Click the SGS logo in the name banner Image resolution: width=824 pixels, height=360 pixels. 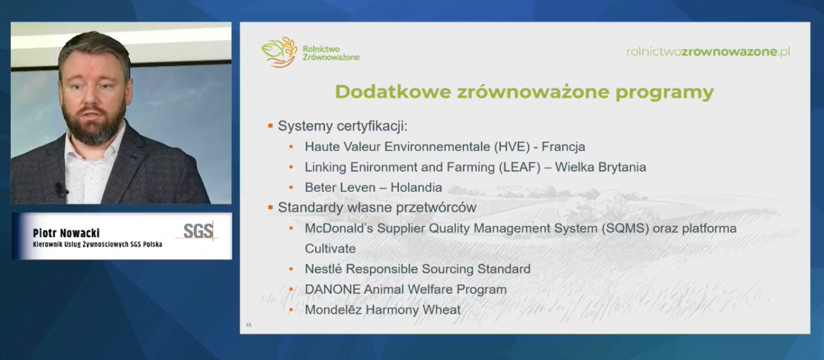pos(198,231)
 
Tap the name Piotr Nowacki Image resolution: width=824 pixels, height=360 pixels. pos(66,233)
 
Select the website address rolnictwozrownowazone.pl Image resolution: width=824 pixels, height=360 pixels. pos(708,52)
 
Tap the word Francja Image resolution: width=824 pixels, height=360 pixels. pos(564,146)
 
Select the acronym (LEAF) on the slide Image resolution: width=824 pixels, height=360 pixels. pos(509,167)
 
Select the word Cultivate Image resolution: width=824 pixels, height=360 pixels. pos(330,249)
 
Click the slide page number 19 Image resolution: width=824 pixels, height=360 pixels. pos(248,325)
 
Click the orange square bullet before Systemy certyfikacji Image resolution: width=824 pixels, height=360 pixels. pos(271,126)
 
